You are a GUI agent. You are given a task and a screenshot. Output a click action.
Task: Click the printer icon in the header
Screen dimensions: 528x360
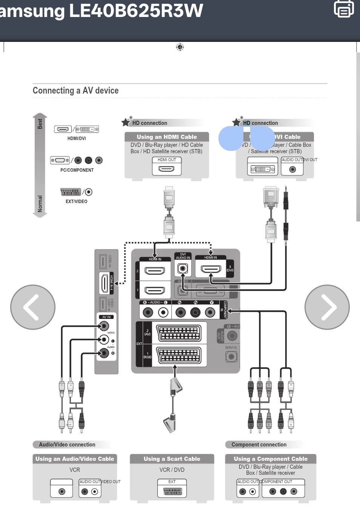[x=344, y=9]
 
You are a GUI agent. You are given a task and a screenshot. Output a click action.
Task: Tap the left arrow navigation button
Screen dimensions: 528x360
[x=33, y=307]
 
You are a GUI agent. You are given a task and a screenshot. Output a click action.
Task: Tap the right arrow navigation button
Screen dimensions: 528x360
[x=327, y=307]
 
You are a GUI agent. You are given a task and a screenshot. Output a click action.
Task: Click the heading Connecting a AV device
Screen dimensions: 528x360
[x=75, y=91]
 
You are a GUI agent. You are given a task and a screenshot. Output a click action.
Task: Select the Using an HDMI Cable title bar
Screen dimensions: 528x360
[x=167, y=137]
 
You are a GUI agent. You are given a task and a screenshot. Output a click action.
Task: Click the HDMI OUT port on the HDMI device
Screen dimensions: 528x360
[x=167, y=168]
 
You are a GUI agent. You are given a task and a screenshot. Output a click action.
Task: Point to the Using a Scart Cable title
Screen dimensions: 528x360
[x=172, y=459]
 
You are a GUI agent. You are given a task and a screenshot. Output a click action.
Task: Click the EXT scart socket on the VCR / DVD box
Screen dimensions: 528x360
[x=172, y=491]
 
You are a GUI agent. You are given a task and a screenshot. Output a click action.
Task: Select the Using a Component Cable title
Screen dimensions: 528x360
[x=271, y=459]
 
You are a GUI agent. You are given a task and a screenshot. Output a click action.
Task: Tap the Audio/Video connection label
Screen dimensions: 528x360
[x=67, y=445]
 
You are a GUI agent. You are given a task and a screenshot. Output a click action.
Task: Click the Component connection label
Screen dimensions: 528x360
[x=259, y=445]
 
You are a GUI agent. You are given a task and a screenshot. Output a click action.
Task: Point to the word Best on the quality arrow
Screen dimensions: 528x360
[x=40, y=124]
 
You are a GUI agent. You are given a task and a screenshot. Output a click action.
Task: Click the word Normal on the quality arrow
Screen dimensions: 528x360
[x=40, y=204]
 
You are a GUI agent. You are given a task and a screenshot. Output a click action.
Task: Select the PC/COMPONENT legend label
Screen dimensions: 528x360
[x=77, y=170]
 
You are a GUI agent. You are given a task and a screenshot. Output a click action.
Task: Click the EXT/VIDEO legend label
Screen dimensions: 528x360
[x=77, y=202]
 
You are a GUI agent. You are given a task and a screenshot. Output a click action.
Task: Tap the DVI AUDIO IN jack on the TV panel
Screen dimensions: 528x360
[x=183, y=269]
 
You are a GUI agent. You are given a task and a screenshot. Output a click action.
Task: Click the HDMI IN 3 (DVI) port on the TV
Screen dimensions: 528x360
[x=211, y=269]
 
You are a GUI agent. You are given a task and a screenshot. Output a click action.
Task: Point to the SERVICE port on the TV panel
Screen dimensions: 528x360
[x=231, y=356]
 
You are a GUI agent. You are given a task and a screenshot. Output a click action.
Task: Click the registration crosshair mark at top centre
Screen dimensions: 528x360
[x=180, y=47]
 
